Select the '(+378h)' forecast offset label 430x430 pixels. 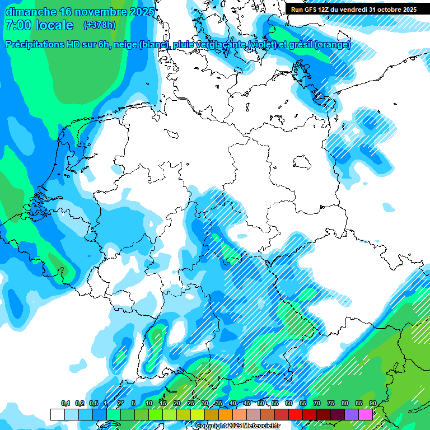[x=100, y=25]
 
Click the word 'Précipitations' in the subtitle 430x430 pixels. [x=36, y=45]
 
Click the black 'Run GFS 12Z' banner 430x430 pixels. [x=353, y=9]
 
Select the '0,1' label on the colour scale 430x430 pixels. [x=66, y=404]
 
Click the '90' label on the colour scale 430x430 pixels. [x=372, y=404]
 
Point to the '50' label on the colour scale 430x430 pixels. [x=261, y=404]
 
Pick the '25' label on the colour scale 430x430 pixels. [x=191, y=404]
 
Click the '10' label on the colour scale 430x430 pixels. [x=149, y=404]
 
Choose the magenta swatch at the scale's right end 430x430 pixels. [x=366, y=414]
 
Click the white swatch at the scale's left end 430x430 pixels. [x=57, y=414]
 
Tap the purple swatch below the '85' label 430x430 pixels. [x=352, y=414]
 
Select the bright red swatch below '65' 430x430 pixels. [x=296, y=414]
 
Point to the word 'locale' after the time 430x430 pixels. [x=54, y=25]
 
